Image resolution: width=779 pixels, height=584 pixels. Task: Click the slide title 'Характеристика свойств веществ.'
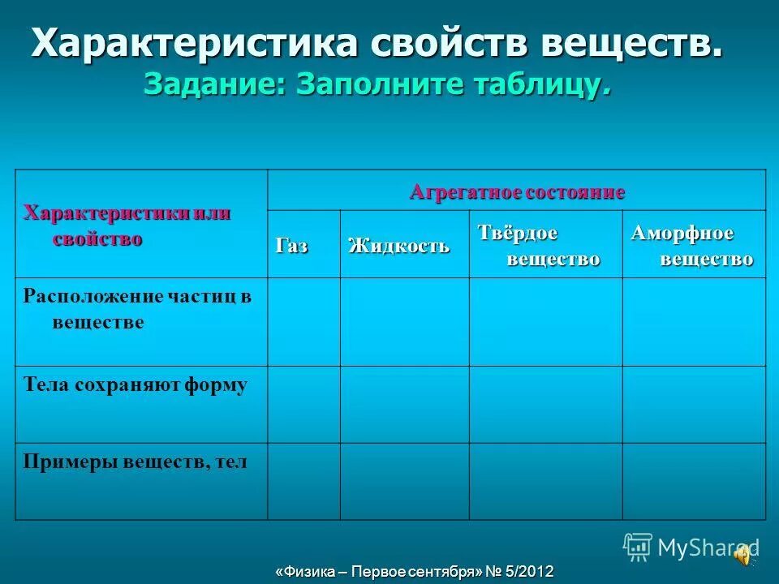[377, 43]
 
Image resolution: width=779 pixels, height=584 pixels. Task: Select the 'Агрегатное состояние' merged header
[517, 192]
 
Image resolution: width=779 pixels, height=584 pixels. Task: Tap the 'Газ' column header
[292, 246]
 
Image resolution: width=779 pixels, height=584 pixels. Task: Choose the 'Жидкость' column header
[398, 246]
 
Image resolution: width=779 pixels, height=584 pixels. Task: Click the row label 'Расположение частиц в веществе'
[136, 309]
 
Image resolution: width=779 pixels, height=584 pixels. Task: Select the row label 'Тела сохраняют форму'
[135, 385]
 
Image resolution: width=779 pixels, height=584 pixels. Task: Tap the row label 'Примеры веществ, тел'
[135, 462]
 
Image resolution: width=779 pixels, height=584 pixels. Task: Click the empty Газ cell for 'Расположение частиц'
[303, 322]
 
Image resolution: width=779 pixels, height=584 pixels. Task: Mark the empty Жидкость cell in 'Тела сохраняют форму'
[404, 404]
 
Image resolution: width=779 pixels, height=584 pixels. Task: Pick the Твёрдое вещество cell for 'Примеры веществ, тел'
[545, 481]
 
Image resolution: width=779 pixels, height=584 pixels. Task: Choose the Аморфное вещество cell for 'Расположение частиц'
[694, 322]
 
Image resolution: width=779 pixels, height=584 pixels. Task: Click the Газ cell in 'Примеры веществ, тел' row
[303, 481]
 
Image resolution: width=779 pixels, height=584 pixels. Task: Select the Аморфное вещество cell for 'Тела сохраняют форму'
[694, 404]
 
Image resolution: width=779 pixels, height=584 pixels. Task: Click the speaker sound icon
[742, 553]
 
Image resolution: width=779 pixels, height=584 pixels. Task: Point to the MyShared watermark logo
[690, 547]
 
